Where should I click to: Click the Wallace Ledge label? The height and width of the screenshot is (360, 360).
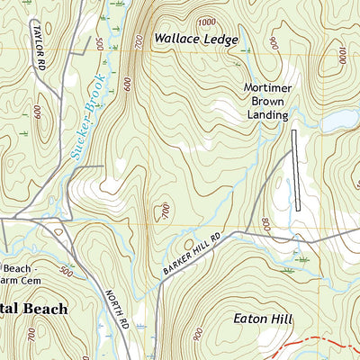(195, 40)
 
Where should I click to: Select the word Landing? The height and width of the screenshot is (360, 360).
(268, 115)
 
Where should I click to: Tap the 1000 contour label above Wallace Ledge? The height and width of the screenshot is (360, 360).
(206, 21)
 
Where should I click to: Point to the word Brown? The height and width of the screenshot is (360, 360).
(268, 102)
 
